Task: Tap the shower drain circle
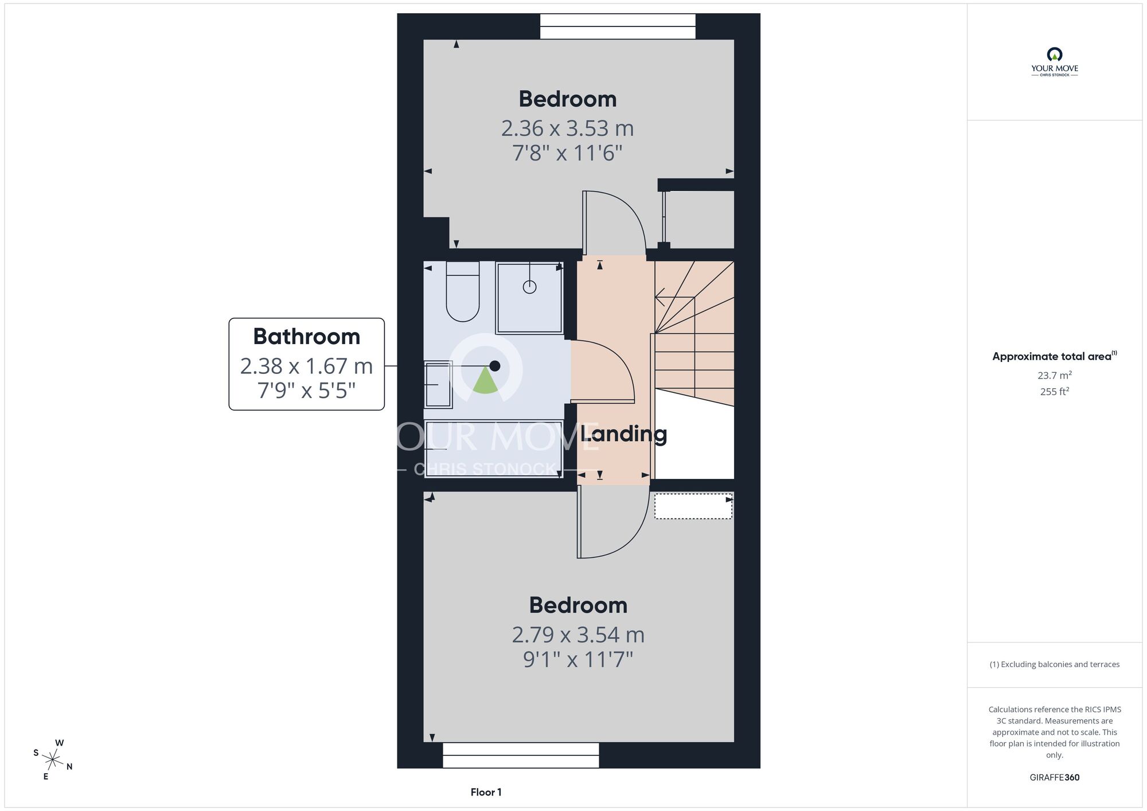point(529,287)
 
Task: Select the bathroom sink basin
point(438,384)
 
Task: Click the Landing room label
point(624,434)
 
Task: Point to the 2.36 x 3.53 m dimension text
point(568,128)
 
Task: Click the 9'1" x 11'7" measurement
point(578,660)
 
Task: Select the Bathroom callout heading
point(307,337)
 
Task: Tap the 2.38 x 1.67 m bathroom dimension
point(307,366)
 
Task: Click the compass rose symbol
point(53,761)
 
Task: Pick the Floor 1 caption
point(486,792)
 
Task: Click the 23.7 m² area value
point(1055,375)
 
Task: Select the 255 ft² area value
point(1055,391)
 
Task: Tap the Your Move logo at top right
point(1055,62)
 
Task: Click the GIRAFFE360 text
point(1055,778)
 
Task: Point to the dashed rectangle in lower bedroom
point(693,506)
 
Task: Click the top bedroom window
point(618,26)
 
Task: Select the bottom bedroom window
point(521,755)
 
